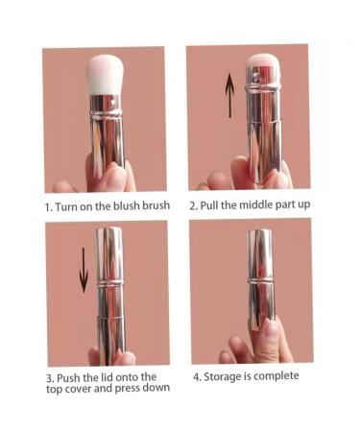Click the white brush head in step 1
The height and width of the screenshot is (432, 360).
pyautogui.click(x=103, y=75)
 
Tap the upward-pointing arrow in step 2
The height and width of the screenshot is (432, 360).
pyautogui.click(x=229, y=96)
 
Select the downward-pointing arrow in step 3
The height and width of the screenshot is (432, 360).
pyautogui.click(x=84, y=271)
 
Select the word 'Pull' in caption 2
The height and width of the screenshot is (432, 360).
pyautogui.click(x=209, y=205)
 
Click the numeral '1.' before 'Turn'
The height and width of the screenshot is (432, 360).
pyautogui.click(x=49, y=207)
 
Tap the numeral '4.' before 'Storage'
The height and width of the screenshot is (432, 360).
pyautogui.click(x=197, y=377)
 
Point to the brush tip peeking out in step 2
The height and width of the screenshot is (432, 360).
pyautogui.click(x=264, y=60)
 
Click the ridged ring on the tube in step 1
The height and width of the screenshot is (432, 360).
pyautogui.click(x=106, y=114)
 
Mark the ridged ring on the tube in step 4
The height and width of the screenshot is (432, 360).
pyautogui.click(x=260, y=280)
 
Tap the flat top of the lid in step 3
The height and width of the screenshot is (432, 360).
pyautogui.click(x=109, y=228)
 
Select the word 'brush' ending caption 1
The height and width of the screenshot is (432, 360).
pyautogui.click(x=156, y=205)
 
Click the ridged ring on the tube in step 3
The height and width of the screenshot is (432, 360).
pyautogui.click(x=110, y=283)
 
